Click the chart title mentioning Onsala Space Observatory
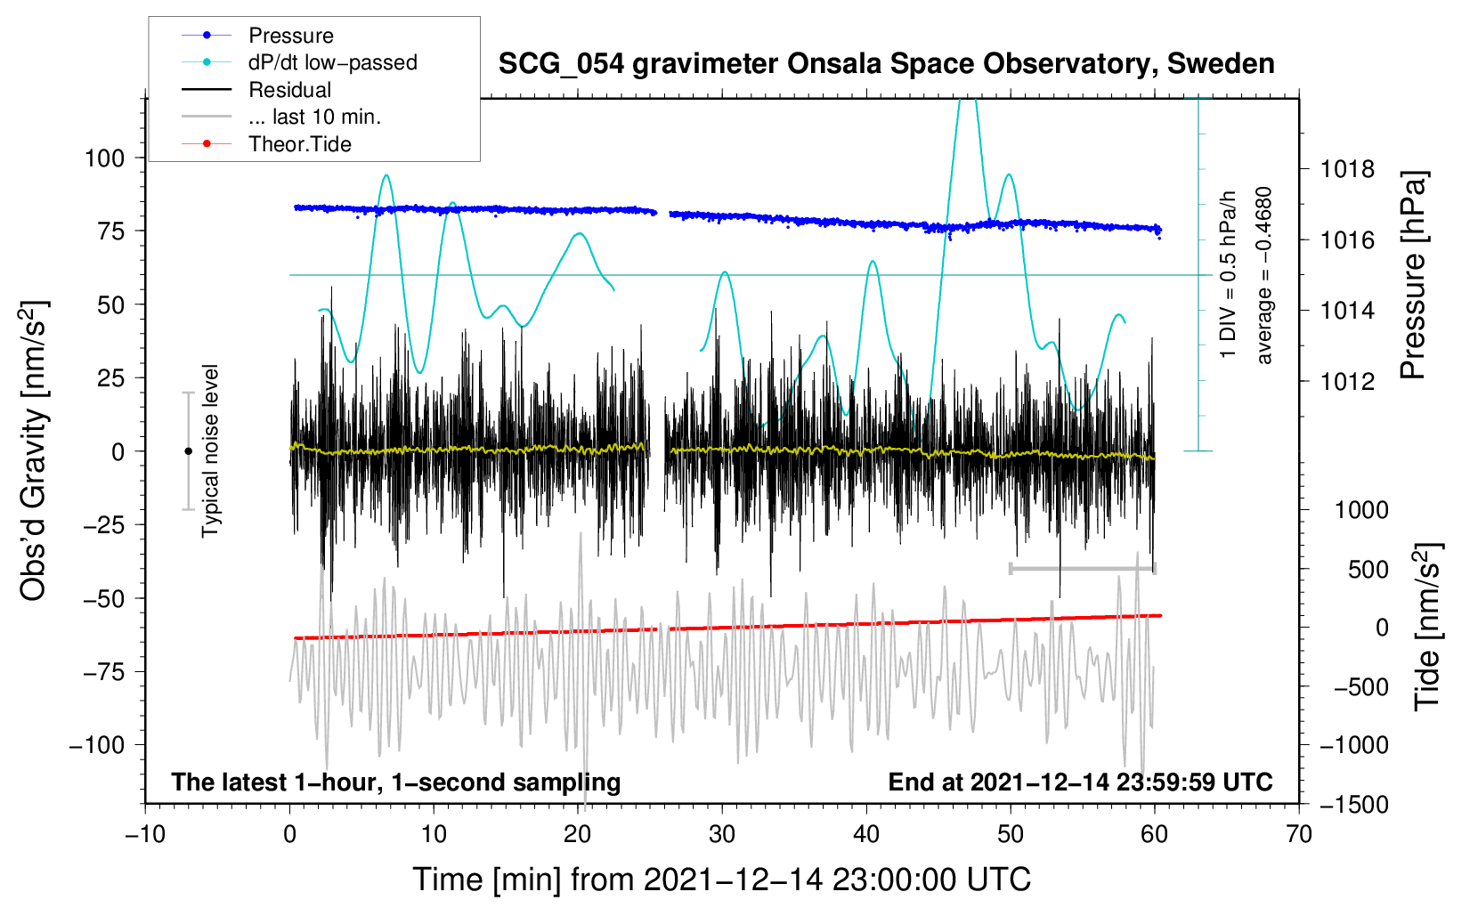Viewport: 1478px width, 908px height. (x=886, y=64)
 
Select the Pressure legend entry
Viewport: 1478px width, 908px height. (x=257, y=35)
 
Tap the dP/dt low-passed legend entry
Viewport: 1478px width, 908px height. (x=299, y=62)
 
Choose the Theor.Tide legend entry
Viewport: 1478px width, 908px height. (x=266, y=144)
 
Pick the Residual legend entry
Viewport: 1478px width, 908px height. (x=256, y=90)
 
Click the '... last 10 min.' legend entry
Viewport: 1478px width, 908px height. (x=281, y=117)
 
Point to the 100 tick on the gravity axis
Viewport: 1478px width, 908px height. (x=105, y=158)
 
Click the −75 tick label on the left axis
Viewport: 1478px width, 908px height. (x=104, y=672)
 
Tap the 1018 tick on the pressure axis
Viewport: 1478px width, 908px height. (x=1347, y=170)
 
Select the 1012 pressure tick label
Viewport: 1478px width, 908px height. (x=1347, y=381)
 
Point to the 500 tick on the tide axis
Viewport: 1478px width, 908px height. (x=1368, y=570)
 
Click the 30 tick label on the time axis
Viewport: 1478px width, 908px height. (x=722, y=834)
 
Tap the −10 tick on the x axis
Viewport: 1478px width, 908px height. (x=145, y=834)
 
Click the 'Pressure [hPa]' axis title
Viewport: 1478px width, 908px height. (x=1413, y=275)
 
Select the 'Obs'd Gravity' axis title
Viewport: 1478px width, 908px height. (x=34, y=450)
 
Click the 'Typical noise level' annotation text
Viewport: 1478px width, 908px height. (x=210, y=450)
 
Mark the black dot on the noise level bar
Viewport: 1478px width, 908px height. (x=188, y=451)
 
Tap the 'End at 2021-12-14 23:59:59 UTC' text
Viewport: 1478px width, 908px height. (x=1080, y=782)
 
